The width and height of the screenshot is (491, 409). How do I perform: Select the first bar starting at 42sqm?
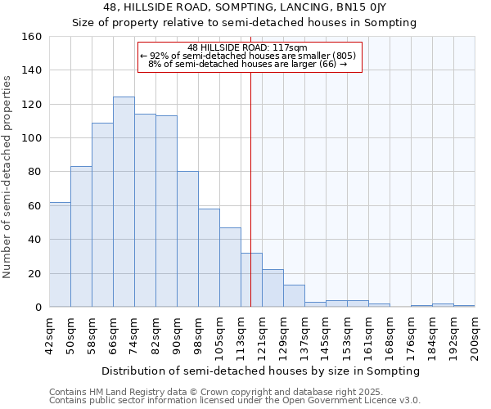pyautogui.click(x=60, y=254)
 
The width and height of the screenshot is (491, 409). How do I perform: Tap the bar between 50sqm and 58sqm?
pyautogui.click(x=81, y=236)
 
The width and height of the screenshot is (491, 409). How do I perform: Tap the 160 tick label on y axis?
pyautogui.click(x=32, y=37)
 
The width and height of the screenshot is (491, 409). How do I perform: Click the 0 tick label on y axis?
pyautogui.click(x=38, y=308)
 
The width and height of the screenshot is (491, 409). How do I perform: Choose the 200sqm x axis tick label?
pyautogui.click(x=475, y=335)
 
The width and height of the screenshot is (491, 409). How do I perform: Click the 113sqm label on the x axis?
pyautogui.click(x=241, y=335)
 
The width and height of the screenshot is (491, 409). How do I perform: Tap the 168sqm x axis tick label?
pyautogui.click(x=390, y=335)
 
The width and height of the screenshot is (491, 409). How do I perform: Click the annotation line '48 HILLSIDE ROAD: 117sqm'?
pyautogui.click(x=247, y=47)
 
